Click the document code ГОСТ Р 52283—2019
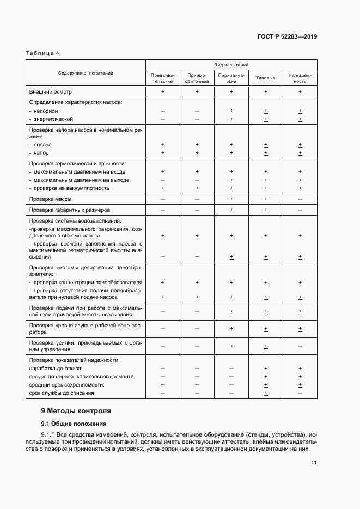(x=288, y=37)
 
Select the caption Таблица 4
(x=42, y=53)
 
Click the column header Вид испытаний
(x=231, y=64)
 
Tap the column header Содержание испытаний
(x=86, y=73)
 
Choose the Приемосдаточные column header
(x=197, y=78)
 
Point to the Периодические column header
(x=231, y=78)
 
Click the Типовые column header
(x=266, y=78)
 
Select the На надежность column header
(x=300, y=78)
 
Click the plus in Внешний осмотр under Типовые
(x=266, y=92)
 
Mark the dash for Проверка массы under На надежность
(x=300, y=200)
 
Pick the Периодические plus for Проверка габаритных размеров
(x=231, y=210)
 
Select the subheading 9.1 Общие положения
(x=74, y=424)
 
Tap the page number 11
(x=314, y=463)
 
